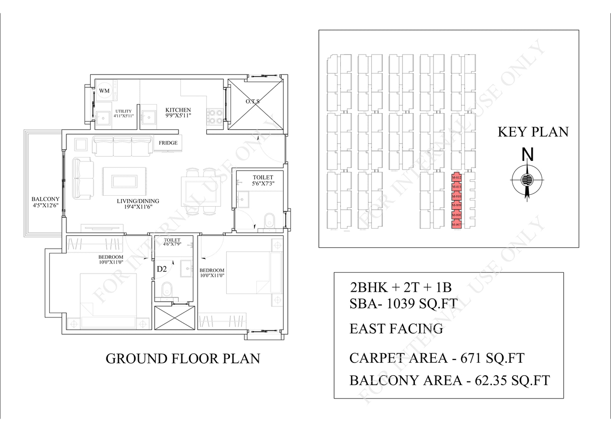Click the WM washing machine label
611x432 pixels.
pyautogui.click(x=104, y=90)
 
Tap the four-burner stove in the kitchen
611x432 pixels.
pyautogui.click(x=215, y=117)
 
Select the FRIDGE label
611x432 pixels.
pyautogui.click(x=168, y=143)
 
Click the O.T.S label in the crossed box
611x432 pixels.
pyautogui.click(x=253, y=101)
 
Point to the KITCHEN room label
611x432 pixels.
pyautogui.click(x=178, y=110)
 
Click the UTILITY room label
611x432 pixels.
pyautogui.click(x=123, y=111)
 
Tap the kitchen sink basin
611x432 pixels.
pyautogui.click(x=149, y=117)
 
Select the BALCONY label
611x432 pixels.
pyautogui.click(x=45, y=199)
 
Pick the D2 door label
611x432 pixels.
pyautogui.click(x=162, y=269)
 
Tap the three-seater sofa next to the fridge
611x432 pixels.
pyautogui.click(x=122, y=146)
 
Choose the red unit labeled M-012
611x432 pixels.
pyautogui.click(x=456, y=178)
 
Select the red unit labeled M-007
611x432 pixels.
pyautogui.click(x=456, y=224)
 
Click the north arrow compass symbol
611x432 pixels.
pyautogui.click(x=527, y=180)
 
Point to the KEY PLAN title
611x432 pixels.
pyautogui.click(x=533, y=132)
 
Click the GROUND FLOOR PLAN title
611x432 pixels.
pyautogui.click(x=182, y=358)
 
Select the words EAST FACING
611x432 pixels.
pyautogui.click(x=396, y=329)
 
